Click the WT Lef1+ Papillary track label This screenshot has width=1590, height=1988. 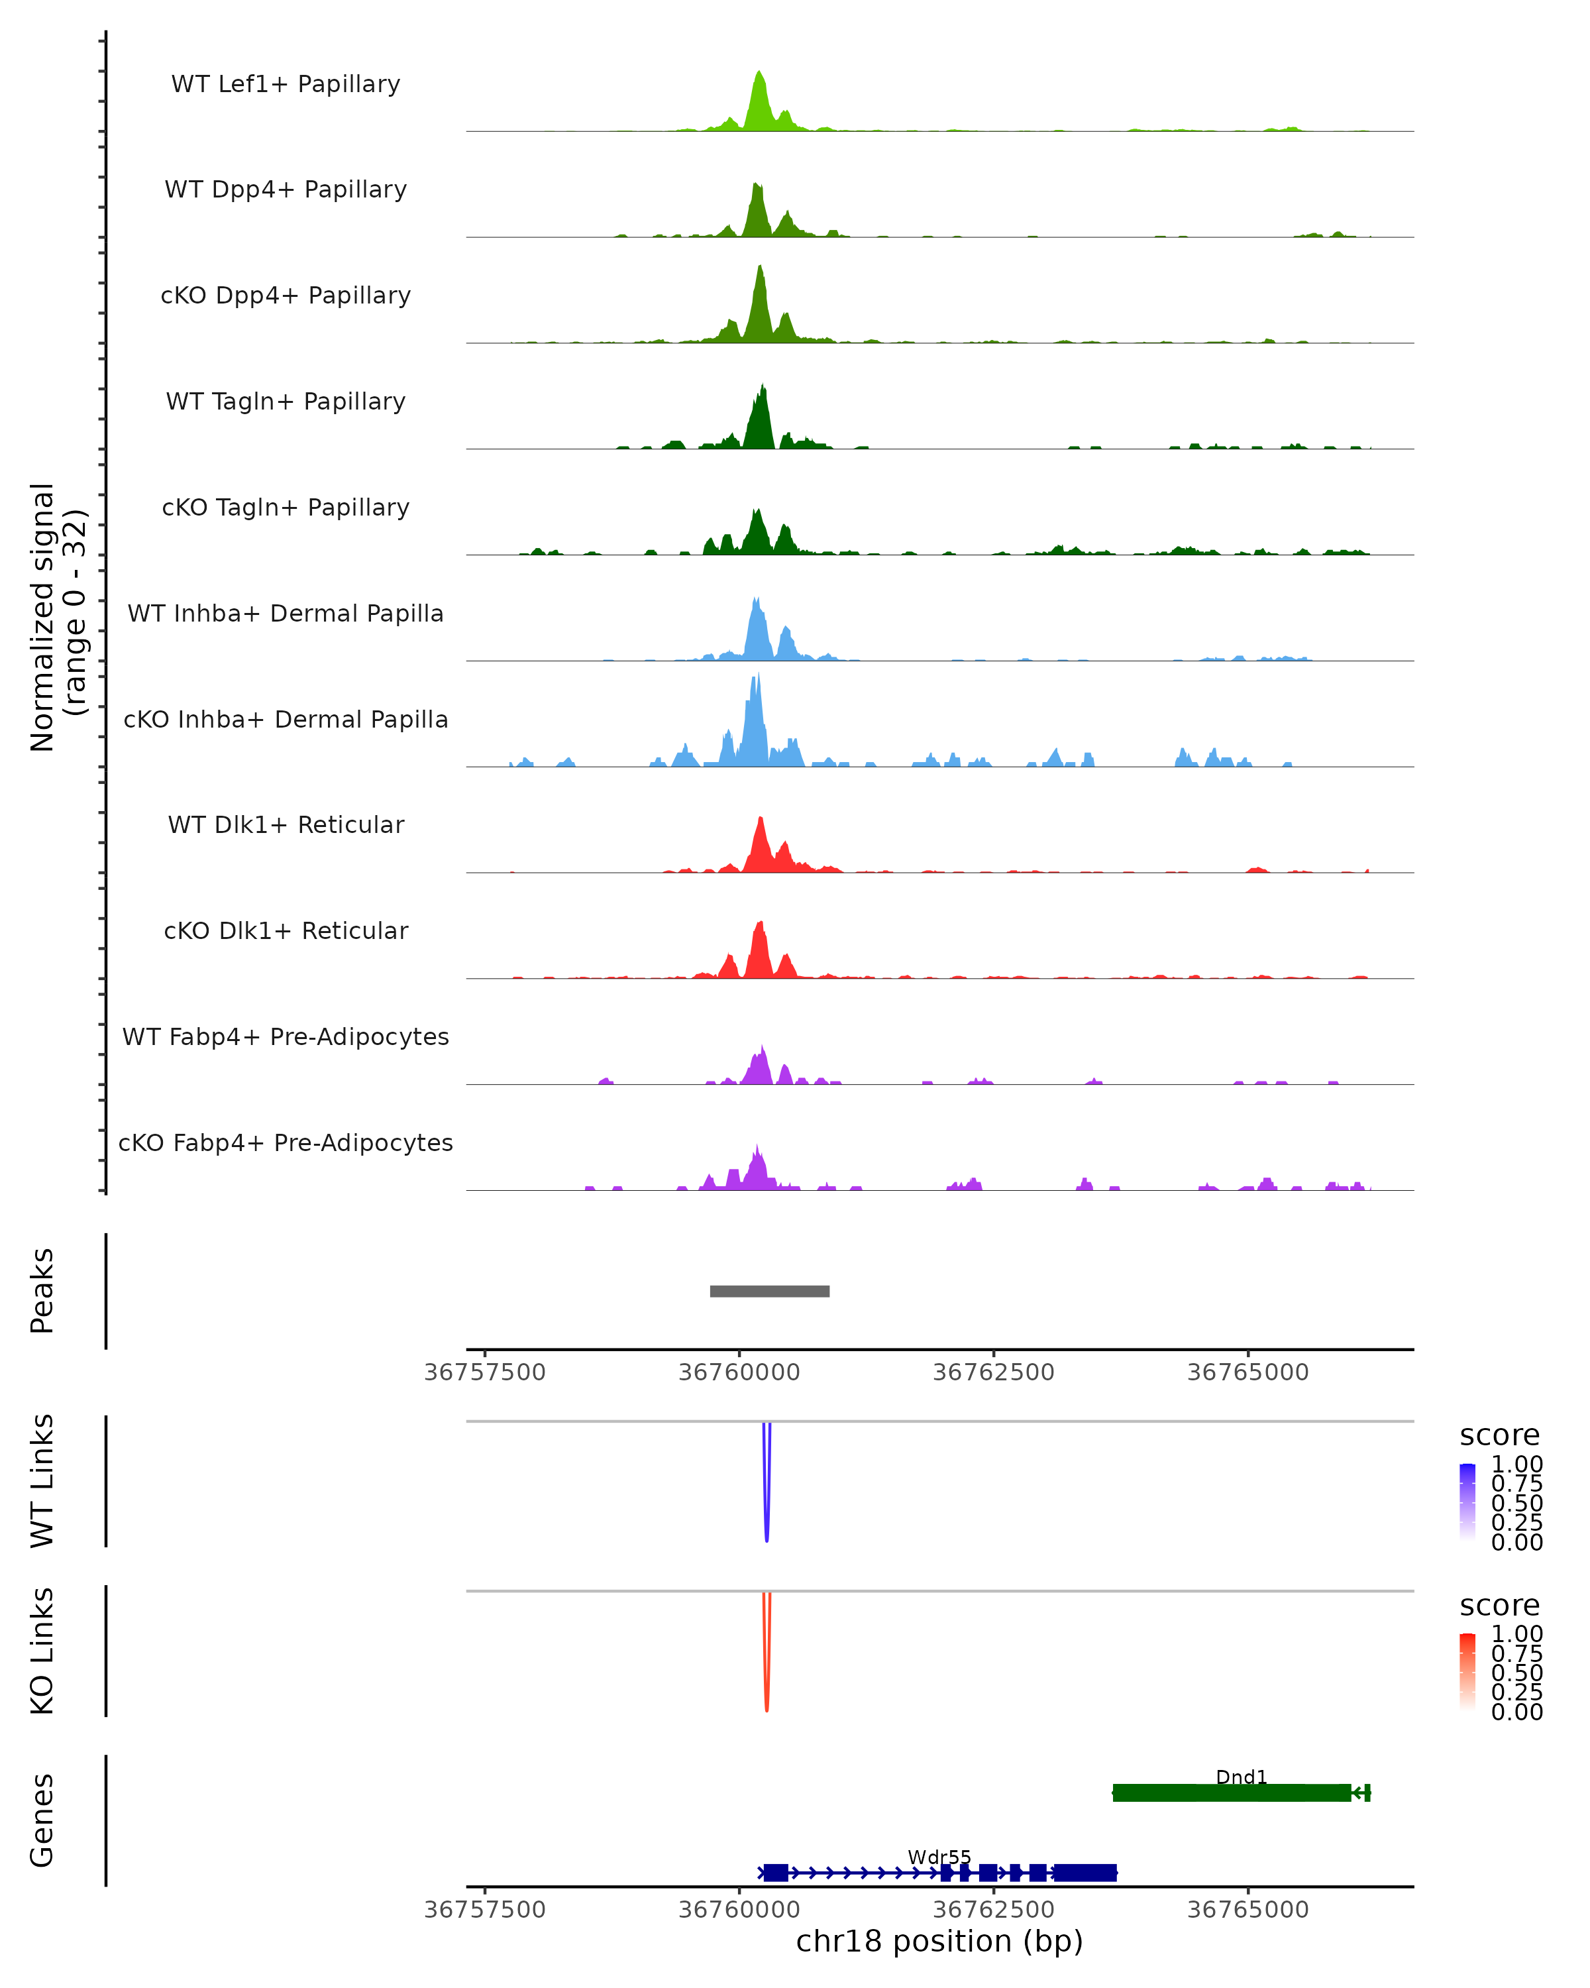click(x=286, y=84)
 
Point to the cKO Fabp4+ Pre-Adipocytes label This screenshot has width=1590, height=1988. click(x=286, y=1142)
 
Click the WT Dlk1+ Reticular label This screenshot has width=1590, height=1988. click(x=286, y=824)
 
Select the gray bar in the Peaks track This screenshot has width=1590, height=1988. click(x=770, y=1291)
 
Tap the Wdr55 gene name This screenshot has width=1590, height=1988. click(x=939, y=1857)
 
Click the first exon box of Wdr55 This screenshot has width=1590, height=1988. click(x=775, y=1873)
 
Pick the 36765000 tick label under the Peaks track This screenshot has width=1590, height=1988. click(x=1248, y=1372)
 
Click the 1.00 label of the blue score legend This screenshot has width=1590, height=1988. click(x=1517, y=1464)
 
